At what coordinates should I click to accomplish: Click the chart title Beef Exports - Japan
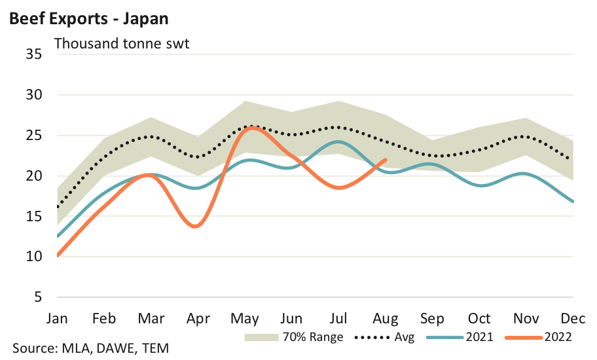click(x=88, y=18)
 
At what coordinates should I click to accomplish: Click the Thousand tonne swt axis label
click(x=122, y=45)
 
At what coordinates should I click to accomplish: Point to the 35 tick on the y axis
click(x=34, y=54)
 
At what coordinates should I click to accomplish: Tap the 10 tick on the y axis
click(x=34, y=257)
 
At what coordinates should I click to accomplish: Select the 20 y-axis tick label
click(x=34, y=176)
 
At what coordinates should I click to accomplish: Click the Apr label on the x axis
click(x=198, y=319)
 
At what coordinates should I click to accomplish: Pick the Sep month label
click(x=433, y=319)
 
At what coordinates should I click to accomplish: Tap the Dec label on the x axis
click(x=573, y=319)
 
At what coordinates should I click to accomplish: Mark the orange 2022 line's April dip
click(x=197, y=226)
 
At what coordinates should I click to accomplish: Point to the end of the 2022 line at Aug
click(x=386, y=160)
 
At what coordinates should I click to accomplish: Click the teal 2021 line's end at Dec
click(x=573, y=202)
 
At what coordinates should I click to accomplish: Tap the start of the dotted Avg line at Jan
click(x=58, y=207)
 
